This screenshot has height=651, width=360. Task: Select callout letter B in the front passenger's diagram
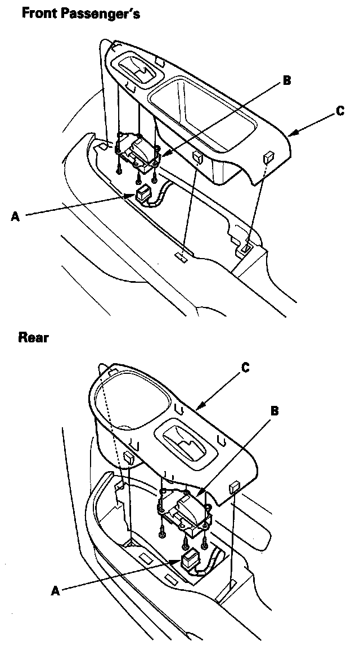click(x=287, y=80)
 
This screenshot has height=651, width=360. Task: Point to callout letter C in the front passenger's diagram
click(x=340, y=111)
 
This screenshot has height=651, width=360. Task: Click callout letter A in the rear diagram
click(x=55, y=590)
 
